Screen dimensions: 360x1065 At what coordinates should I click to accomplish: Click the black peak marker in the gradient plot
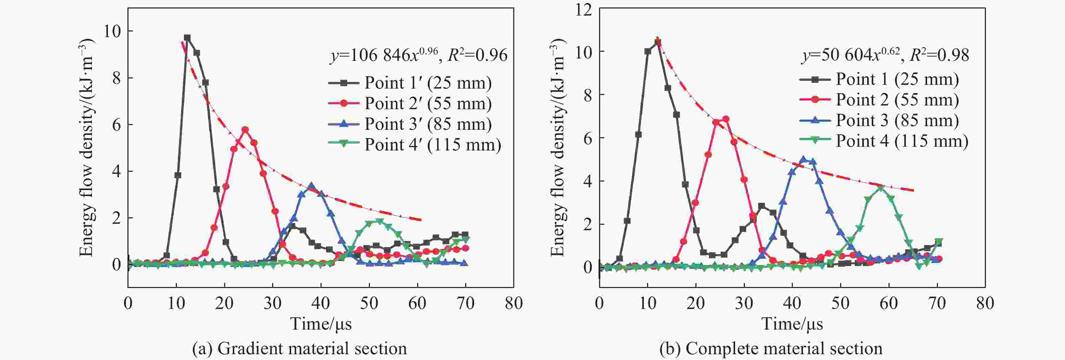[187, 38]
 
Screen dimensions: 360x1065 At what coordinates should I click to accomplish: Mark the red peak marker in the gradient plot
[245, 129]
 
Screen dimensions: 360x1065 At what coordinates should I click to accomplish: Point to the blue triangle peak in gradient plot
[312, 186]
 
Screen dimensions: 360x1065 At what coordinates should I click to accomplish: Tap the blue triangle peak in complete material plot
[804, 159]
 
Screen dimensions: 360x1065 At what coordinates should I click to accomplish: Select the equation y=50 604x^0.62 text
[885, 55]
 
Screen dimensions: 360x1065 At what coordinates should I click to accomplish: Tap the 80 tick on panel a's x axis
[514, 303]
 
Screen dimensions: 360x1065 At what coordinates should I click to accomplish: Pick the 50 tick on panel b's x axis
[840, 303]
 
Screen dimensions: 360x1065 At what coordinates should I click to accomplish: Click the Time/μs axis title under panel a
[321, 323]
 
